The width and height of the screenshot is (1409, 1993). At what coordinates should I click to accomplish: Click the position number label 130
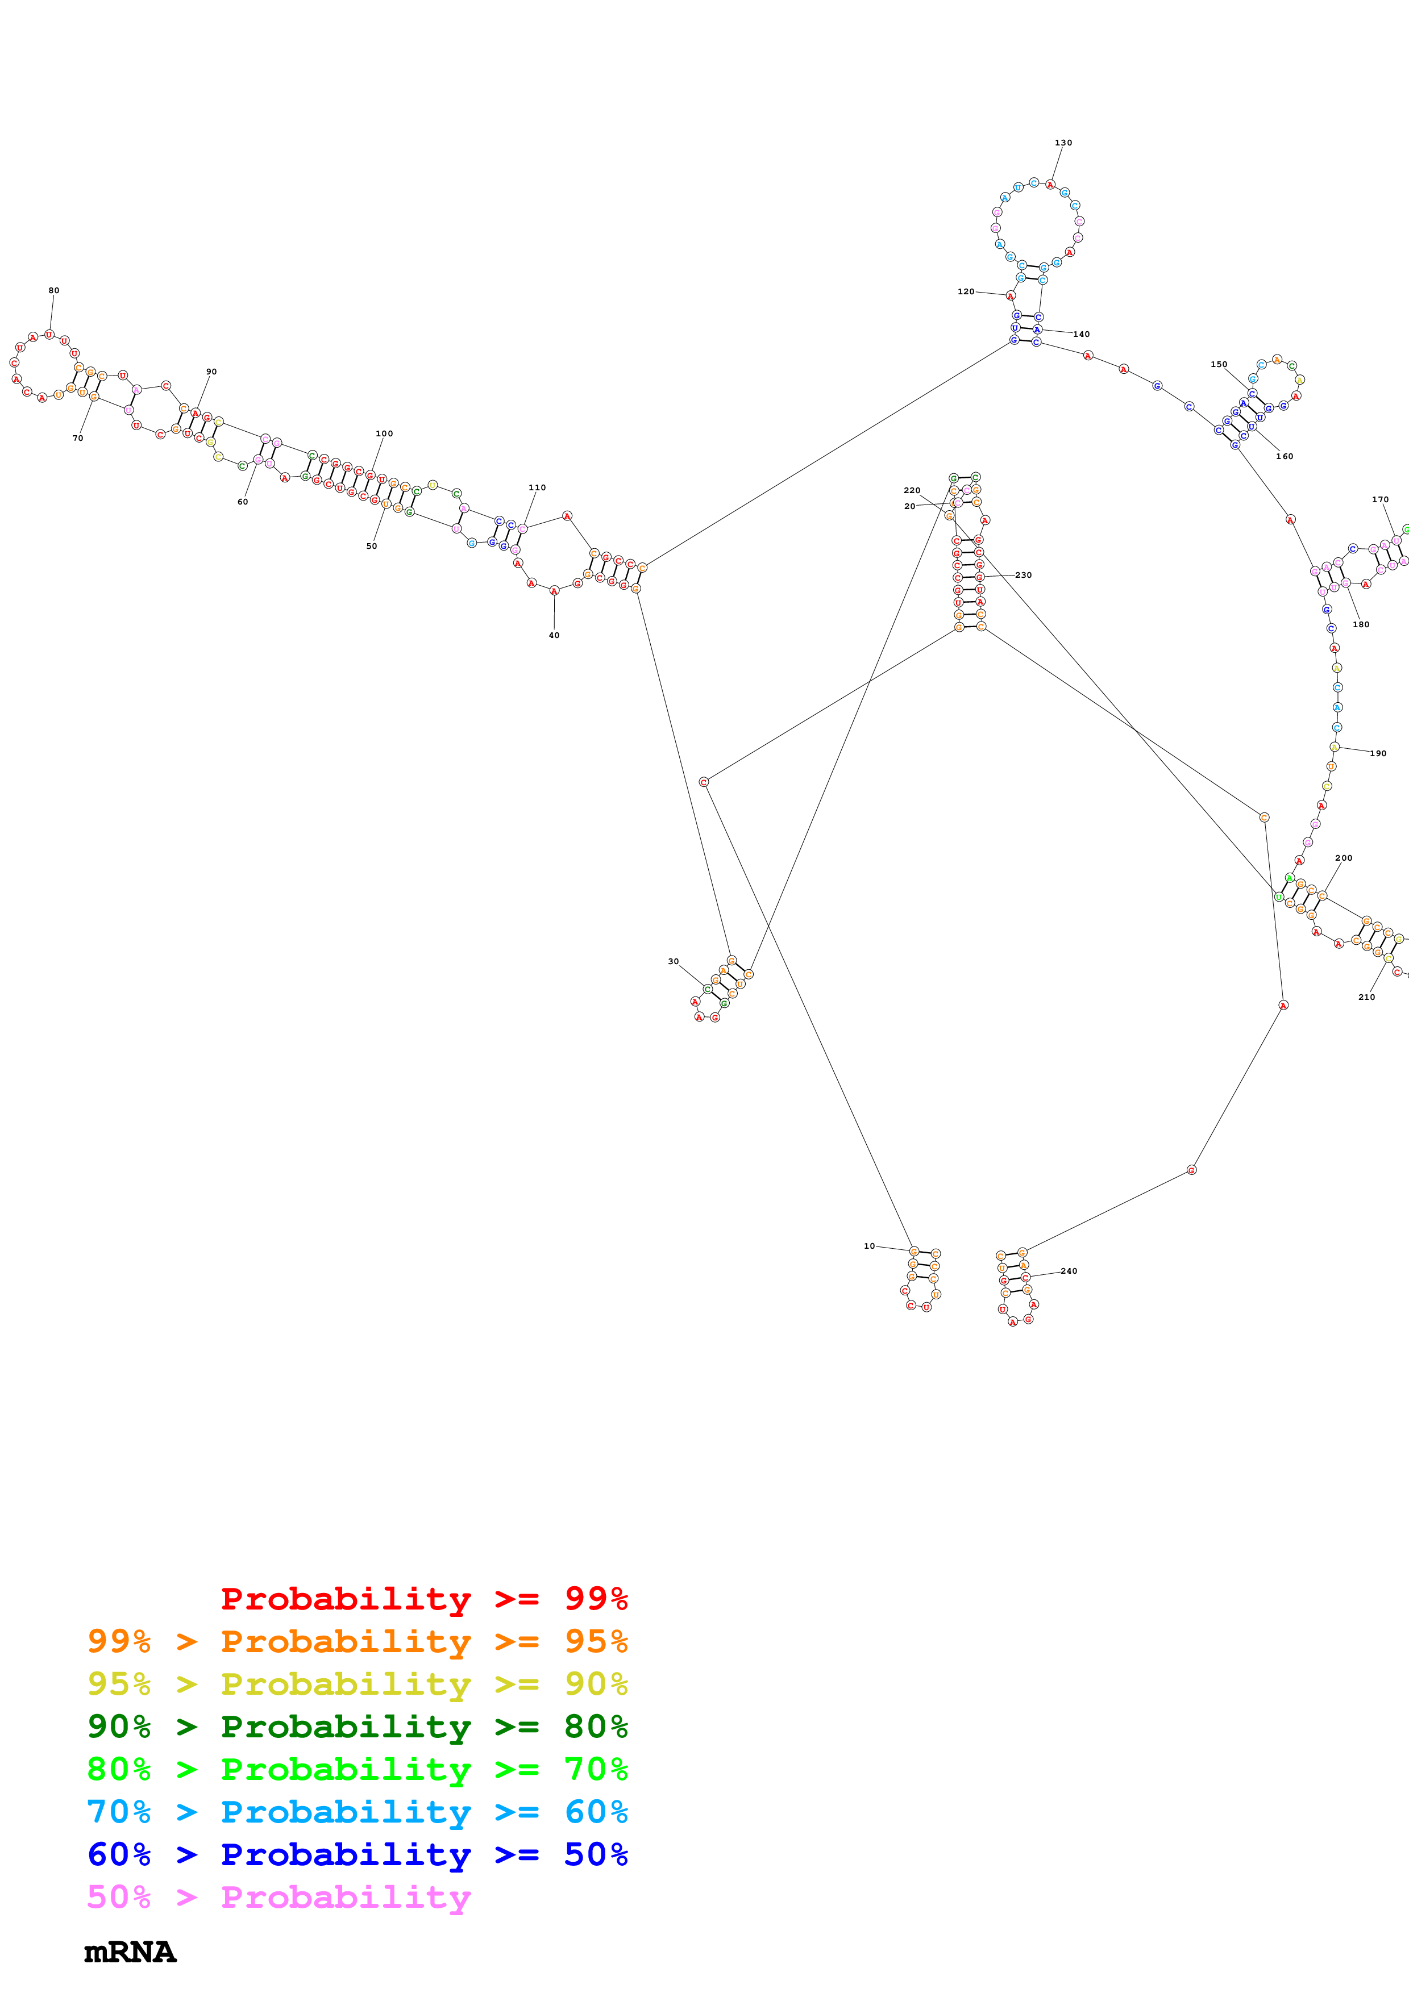[1063, 143]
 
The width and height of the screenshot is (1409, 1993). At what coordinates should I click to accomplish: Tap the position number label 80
[54, 291]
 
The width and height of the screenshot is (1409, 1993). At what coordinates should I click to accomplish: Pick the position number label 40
[554, 635]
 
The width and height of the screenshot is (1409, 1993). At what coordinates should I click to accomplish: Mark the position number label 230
[1024, 574]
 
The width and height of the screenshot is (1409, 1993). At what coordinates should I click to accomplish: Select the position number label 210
[1366, 998]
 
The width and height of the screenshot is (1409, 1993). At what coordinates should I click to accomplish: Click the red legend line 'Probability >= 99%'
[423, 1599]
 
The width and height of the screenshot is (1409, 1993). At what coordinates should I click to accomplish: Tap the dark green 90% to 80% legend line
[357, 1727]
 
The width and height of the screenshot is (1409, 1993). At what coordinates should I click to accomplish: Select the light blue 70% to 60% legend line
[357, 1812]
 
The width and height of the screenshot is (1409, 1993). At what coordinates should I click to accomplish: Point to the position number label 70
[77, 439]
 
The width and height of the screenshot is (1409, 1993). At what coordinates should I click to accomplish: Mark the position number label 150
[1219, 365]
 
